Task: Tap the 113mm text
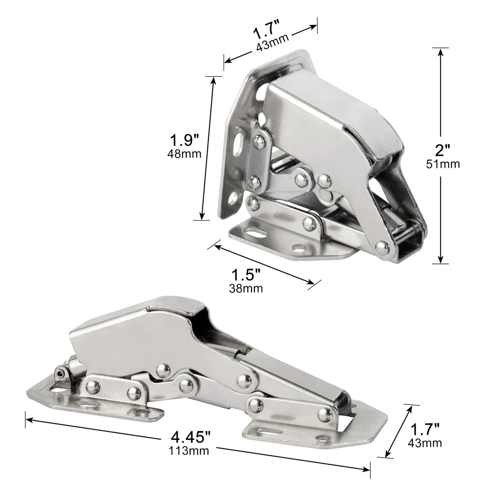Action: pos(189,450)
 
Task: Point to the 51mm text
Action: pos(443,164)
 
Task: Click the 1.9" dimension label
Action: pos(184,140)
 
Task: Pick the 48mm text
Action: pos(184,153)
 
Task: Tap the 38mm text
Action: pos(246,288)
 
